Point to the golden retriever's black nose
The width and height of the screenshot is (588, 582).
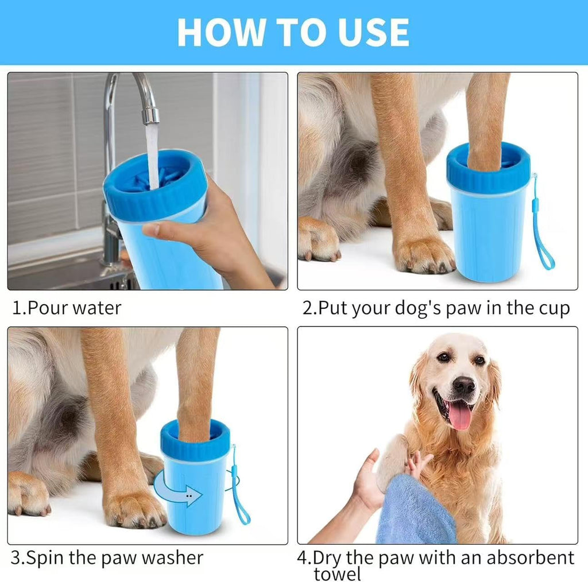tap(463, 385)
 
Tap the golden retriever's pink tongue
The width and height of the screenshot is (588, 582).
tap(460, 417)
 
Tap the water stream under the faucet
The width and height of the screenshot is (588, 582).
tap(152, 157)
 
